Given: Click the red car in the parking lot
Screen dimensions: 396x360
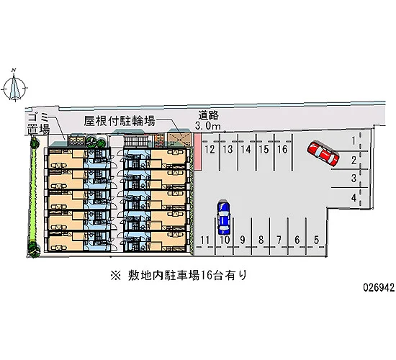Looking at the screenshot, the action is (323, 154).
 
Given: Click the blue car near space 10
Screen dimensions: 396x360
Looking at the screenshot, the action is (224, 217).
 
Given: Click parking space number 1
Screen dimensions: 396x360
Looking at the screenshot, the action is (354, 140).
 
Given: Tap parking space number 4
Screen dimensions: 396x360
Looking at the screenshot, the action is (354, 197).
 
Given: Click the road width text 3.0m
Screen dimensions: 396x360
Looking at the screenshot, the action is (208, 125).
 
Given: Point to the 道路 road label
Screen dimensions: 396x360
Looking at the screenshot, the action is (208, 115).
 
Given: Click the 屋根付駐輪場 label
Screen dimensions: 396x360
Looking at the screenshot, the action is (120, 121).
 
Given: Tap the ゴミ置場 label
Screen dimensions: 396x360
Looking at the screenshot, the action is (38, 124).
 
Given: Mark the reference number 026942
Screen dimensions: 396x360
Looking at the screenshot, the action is (379, 287).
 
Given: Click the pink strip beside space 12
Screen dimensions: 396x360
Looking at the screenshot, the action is (197, 151).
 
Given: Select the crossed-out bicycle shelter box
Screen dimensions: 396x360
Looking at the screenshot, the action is (179, 139).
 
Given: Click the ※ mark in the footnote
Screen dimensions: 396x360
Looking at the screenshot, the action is (116, 275).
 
